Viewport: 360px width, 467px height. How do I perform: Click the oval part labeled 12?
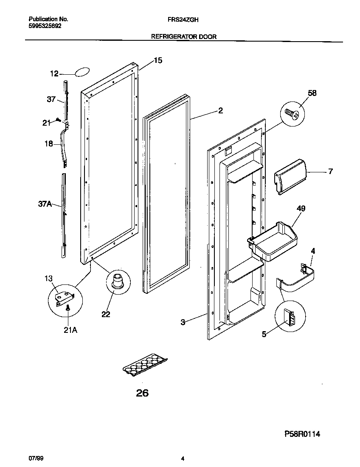point(83,72)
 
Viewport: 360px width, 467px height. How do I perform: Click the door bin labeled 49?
point(272,242)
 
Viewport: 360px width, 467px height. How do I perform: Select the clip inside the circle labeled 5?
point(290,317)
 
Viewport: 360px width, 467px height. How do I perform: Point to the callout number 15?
point(157,61)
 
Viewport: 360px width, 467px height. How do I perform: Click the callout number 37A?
point(45,204)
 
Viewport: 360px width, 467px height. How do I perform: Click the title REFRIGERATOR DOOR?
point(184,37)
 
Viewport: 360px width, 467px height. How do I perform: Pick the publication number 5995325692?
point(45,25)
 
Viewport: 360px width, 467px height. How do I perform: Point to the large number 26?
point(142,393)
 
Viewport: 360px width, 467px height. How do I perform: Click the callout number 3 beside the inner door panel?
point(183,322)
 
